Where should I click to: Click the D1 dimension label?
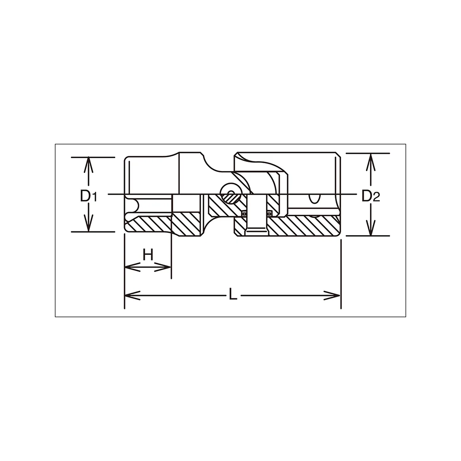coord(89,196)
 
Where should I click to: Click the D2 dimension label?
coord(371,196)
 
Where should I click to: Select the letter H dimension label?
coord(148,254)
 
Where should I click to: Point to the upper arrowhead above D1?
coord(89,165)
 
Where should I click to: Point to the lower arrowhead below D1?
coord(89,224)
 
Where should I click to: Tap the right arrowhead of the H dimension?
coord(163,267)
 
